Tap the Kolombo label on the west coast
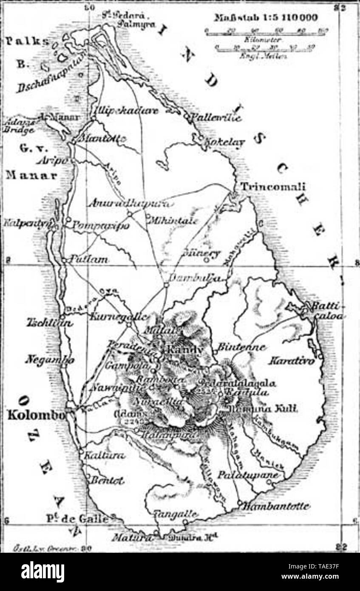click(x=37, y=415)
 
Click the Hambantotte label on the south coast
click(x=277, y=506)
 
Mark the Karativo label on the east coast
click(x=291, y=361)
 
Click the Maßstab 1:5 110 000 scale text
click(x=266, y=18)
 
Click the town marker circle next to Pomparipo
click(x=68, y=219)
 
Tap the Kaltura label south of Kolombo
click(x=105, y=455)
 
